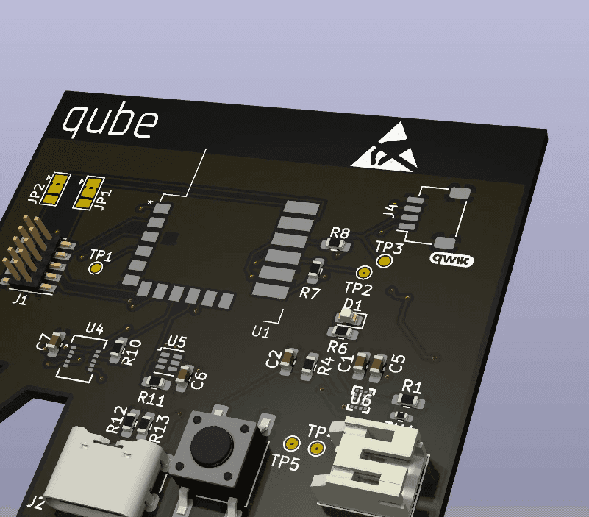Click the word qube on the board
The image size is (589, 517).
click(111, 121)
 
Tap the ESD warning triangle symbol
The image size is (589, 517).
click(386, 148)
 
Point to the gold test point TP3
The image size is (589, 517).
click(384, 261)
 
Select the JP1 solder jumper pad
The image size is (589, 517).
click(89, 192)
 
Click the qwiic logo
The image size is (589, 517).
click(451, 258)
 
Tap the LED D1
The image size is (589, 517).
click(351, 318)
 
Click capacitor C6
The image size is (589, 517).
click(183, 375)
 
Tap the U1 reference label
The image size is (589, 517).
click(261, 332)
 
